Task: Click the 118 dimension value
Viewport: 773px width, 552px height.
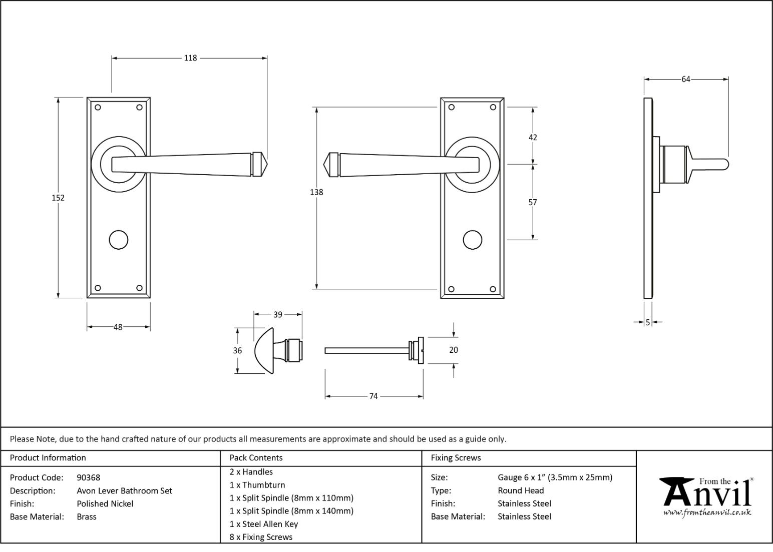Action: pos(190,58)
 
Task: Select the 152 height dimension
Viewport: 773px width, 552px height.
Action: pos(58,198)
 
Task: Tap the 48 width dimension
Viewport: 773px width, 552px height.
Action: pos(118,327)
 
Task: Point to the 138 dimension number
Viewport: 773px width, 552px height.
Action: pos(316,192)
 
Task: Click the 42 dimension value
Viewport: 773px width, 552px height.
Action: pos(533,138)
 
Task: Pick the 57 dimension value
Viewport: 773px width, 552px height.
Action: pos(533,202)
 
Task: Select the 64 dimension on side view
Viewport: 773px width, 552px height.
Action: pos(685,79)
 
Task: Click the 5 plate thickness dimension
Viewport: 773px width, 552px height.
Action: pos(648,322)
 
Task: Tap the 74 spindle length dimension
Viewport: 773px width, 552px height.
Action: pos(373,396)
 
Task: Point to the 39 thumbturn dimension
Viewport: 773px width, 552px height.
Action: pos(278,315)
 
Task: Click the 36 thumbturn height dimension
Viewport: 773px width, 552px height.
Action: pos(237,350)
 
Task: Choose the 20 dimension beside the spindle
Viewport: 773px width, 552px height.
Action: pos(454,350)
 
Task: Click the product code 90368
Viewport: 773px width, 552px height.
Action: pos(89,477)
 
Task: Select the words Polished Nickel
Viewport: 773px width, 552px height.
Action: pos(105,504)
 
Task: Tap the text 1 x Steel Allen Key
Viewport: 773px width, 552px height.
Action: pos(263,524)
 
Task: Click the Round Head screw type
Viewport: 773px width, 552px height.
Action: pos(521,490)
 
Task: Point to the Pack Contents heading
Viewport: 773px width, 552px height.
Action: pos(256,457)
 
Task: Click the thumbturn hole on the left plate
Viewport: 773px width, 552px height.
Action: pos(119,240)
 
